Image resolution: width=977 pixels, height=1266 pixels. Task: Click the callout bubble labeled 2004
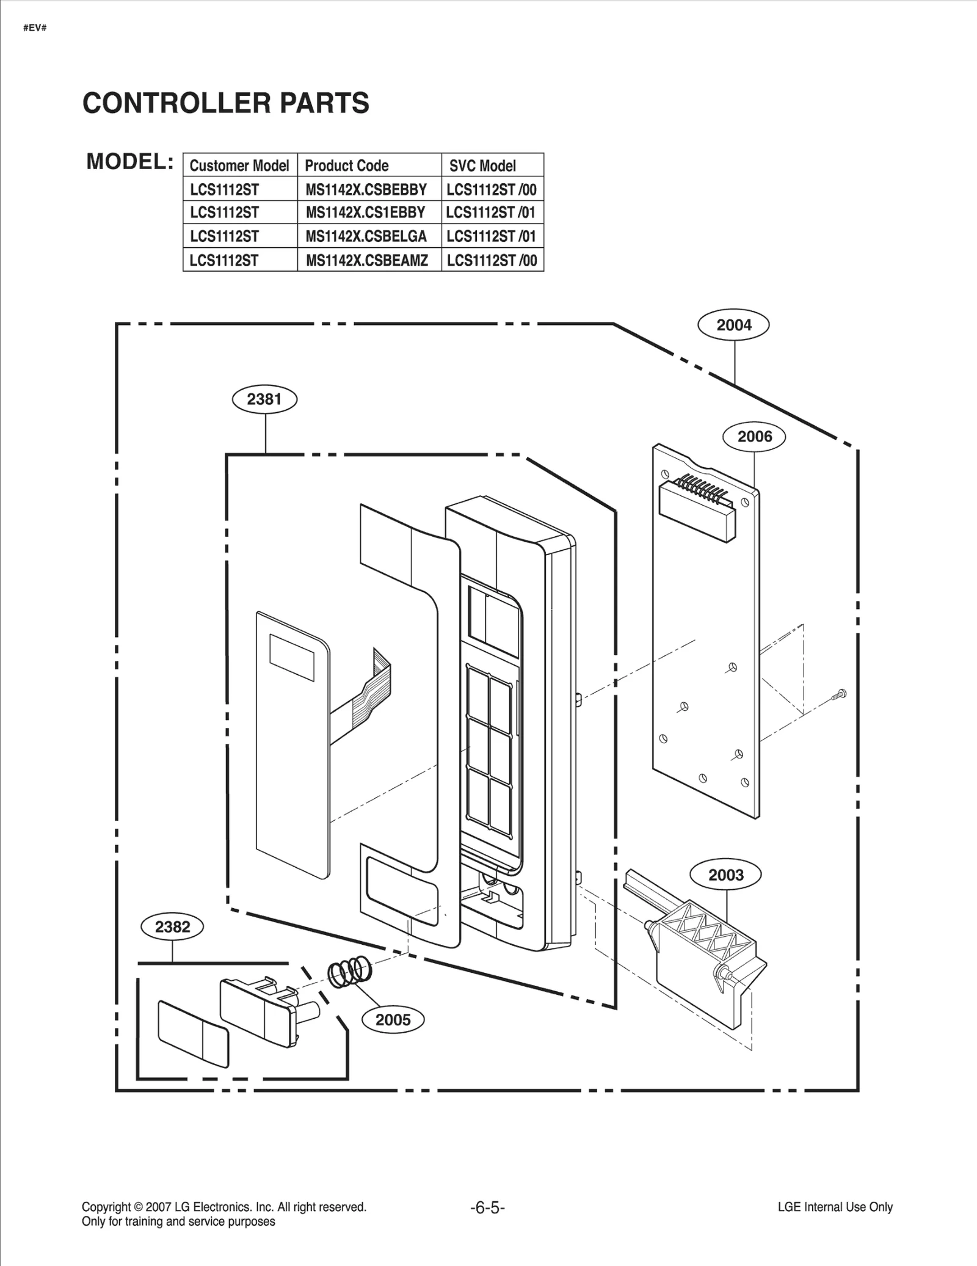click(733, 325)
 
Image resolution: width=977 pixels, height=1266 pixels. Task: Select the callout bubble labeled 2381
click(264, 399)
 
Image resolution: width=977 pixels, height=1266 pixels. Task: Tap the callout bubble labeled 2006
click(754, 437)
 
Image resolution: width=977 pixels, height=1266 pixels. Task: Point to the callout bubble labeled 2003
click(725, 875)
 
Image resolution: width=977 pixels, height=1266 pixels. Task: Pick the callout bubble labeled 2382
click(172, 926)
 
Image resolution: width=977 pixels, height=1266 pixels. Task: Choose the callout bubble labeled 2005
click(393, 1019)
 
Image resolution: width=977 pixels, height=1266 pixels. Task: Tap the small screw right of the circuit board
click(840, 694)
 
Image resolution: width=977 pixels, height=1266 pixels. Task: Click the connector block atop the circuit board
click(698, 507)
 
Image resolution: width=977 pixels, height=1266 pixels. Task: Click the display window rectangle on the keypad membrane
click(292, 657)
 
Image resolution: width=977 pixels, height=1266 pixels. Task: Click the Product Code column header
click(347, 166)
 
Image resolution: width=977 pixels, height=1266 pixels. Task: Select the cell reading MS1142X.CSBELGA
click(366, 236)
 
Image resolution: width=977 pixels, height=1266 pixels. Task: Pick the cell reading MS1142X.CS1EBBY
click(365, 213)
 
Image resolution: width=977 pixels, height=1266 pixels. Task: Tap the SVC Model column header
click(482, 166)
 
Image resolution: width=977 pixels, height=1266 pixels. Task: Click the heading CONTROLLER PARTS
click(226, 103)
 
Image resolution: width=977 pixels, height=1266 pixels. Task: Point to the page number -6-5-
click(487, 1207)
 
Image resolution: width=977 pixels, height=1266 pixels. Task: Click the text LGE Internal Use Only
click(835, 1207)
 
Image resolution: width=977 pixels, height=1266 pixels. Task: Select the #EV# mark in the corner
click(35, 29)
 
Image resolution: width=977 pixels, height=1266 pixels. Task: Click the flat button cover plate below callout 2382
click(193, 1034)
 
